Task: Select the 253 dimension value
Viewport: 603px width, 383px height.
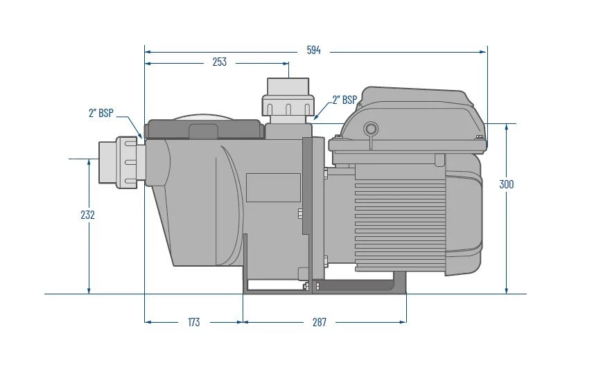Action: coord(219,62)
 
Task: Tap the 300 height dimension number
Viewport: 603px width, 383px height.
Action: coord(507,185)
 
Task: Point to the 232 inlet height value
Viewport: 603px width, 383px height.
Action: coord(87,215)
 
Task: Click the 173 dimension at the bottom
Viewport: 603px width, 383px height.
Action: coord(193,322)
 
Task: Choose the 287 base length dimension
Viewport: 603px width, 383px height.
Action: coord(319,322)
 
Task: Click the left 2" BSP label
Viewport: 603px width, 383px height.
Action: coord(101,114)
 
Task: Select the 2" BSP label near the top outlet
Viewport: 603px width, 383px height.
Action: coord(344,100)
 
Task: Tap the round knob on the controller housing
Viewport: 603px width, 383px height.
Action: coord(371,128)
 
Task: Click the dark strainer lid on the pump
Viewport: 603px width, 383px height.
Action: coord(202,129)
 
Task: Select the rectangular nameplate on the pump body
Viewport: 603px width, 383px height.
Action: coord(272,187)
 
